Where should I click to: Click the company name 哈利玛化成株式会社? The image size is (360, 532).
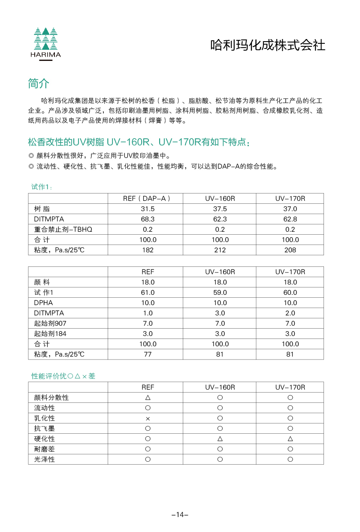click(268, 45)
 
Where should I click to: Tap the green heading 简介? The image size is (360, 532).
click(39, 83)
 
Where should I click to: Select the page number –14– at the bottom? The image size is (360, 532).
click(180, 514)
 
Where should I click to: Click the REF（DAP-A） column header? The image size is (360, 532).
click(147, 199)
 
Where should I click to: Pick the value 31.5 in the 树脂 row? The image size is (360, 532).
click(147, 209)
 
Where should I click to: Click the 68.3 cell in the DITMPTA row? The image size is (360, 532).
click(147, 219)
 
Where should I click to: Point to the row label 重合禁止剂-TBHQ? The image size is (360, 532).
click(63, 230)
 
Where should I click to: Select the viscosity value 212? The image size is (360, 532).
click(220, 250)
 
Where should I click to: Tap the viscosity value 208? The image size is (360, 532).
click(290, 250)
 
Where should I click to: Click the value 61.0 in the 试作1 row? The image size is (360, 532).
click(147, 293)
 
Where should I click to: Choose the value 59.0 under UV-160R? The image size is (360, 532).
click(220, 293)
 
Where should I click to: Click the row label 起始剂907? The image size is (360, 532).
click(50, 323)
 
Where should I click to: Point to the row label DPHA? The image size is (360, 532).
click(43, 303)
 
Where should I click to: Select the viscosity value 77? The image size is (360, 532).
click(147, 354)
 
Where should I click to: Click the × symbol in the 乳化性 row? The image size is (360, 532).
click(148, 418)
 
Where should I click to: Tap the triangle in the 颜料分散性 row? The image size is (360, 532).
click(148, 398)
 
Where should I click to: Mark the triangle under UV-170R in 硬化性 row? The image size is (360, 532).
click(290, 439)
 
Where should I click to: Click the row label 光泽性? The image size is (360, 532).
click(45, 459)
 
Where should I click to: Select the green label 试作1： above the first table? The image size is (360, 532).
click(42, 187)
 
